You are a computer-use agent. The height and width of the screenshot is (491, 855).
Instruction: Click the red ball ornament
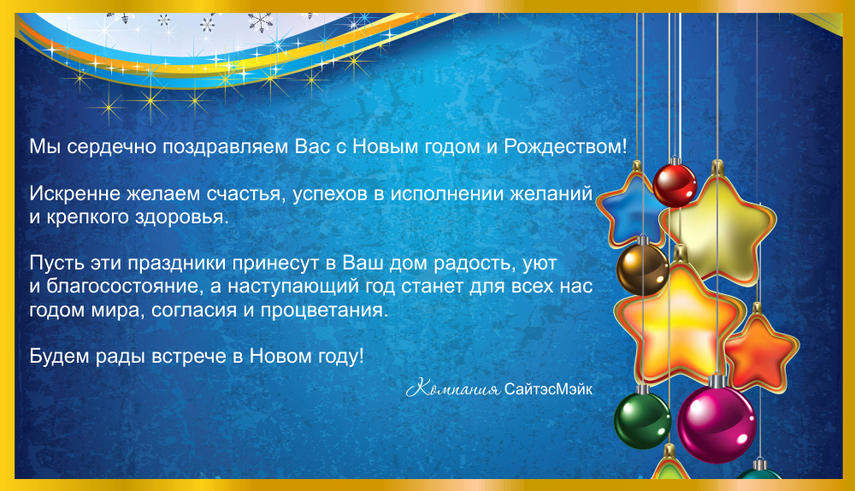[675, 186]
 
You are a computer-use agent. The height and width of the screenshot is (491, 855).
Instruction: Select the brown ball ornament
[643, 269]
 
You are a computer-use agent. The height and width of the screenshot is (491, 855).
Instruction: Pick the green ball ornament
[642, 421]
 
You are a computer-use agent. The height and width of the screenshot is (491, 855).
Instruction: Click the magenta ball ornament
[716, 424]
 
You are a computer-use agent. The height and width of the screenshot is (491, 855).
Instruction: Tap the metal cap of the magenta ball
[716, 380]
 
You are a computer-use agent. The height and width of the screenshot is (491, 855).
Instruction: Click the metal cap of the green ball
[644, 389]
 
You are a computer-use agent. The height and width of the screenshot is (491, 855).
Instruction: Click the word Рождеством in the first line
[565, 146]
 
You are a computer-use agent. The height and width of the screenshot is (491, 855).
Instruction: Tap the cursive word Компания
[452, 389]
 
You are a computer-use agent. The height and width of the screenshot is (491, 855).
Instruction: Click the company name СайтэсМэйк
[548, 389]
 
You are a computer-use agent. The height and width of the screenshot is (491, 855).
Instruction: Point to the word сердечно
[112, 147]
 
